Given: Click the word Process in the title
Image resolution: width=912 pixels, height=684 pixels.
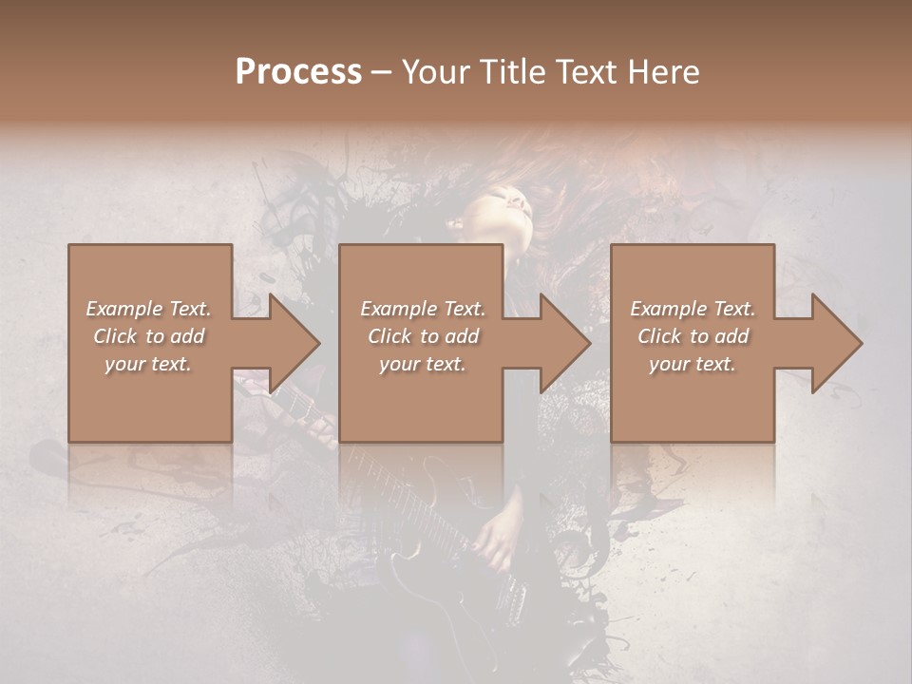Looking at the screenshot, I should click(298, 72).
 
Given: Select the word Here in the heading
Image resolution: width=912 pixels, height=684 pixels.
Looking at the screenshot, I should click(664, 72).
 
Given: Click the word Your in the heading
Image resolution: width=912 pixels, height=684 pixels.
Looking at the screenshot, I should click(436, 72).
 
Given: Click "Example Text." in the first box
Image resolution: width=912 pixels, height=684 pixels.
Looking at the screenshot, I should click(148, 309).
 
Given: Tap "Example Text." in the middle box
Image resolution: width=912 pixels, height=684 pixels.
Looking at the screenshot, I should click(423, 309).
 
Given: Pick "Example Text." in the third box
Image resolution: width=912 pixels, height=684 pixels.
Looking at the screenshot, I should click(693, 309).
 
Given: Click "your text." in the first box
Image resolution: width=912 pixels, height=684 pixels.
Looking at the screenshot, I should click(148, 364).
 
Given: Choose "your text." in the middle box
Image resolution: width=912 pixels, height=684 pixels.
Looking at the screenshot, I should click(423, 364).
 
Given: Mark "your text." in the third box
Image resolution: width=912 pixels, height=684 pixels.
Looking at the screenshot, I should click(693, 364).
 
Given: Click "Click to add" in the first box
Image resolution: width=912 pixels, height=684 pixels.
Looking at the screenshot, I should click(148, 336).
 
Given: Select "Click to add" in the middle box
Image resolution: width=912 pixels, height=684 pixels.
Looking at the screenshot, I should click(423, 336).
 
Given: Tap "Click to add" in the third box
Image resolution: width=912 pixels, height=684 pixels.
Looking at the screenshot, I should click(693, 336).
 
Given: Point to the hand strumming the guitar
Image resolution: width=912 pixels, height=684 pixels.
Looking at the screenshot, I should click(494, 541).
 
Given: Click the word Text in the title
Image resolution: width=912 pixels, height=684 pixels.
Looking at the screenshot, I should click(588, 72).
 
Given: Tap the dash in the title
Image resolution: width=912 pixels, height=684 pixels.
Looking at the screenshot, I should click(382, 72).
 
